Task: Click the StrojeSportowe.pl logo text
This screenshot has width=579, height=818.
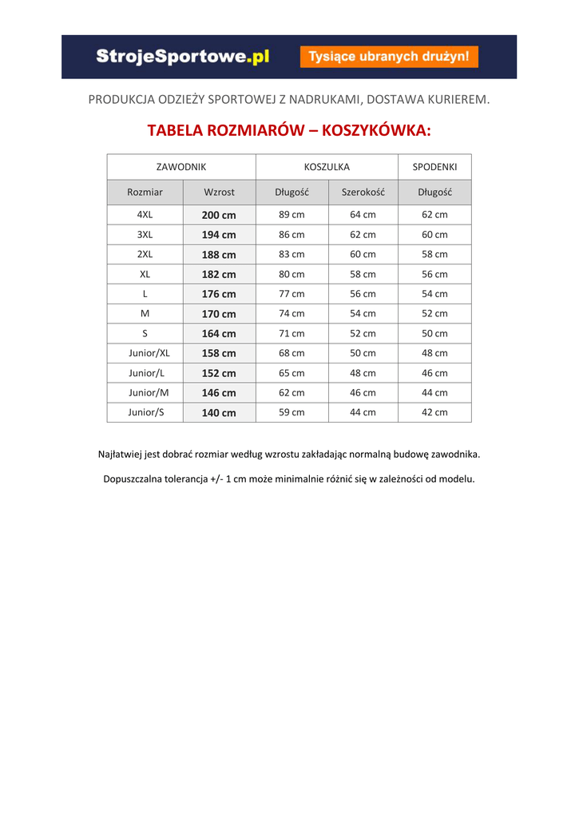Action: point(183,57)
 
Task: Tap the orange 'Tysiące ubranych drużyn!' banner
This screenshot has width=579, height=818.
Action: point(389,57)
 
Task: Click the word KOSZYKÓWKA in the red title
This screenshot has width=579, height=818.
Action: point(375,130)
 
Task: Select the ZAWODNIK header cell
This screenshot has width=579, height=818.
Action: point(181,167)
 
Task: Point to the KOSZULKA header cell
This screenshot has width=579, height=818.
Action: point(327,167)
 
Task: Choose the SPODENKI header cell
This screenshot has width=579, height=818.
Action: point(434,167)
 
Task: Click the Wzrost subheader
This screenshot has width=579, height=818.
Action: point(219,193)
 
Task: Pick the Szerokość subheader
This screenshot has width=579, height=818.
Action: point(363,193)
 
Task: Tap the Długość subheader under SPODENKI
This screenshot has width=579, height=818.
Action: point(434,193)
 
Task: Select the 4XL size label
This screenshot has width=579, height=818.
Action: point(145,215)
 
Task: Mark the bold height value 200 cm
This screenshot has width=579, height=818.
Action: point(219,216)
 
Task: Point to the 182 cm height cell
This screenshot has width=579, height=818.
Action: point(219,275)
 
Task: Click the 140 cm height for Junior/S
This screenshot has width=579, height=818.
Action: point(219,413)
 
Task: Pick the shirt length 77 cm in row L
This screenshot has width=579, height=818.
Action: point(291,294)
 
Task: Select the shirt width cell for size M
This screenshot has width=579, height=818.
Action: point(363,314)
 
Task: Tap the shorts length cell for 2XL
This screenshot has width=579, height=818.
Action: point(434,255)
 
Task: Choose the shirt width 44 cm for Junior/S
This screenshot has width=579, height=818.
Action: point(363,413)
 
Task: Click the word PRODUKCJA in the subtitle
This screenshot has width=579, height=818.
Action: point(119,100)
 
